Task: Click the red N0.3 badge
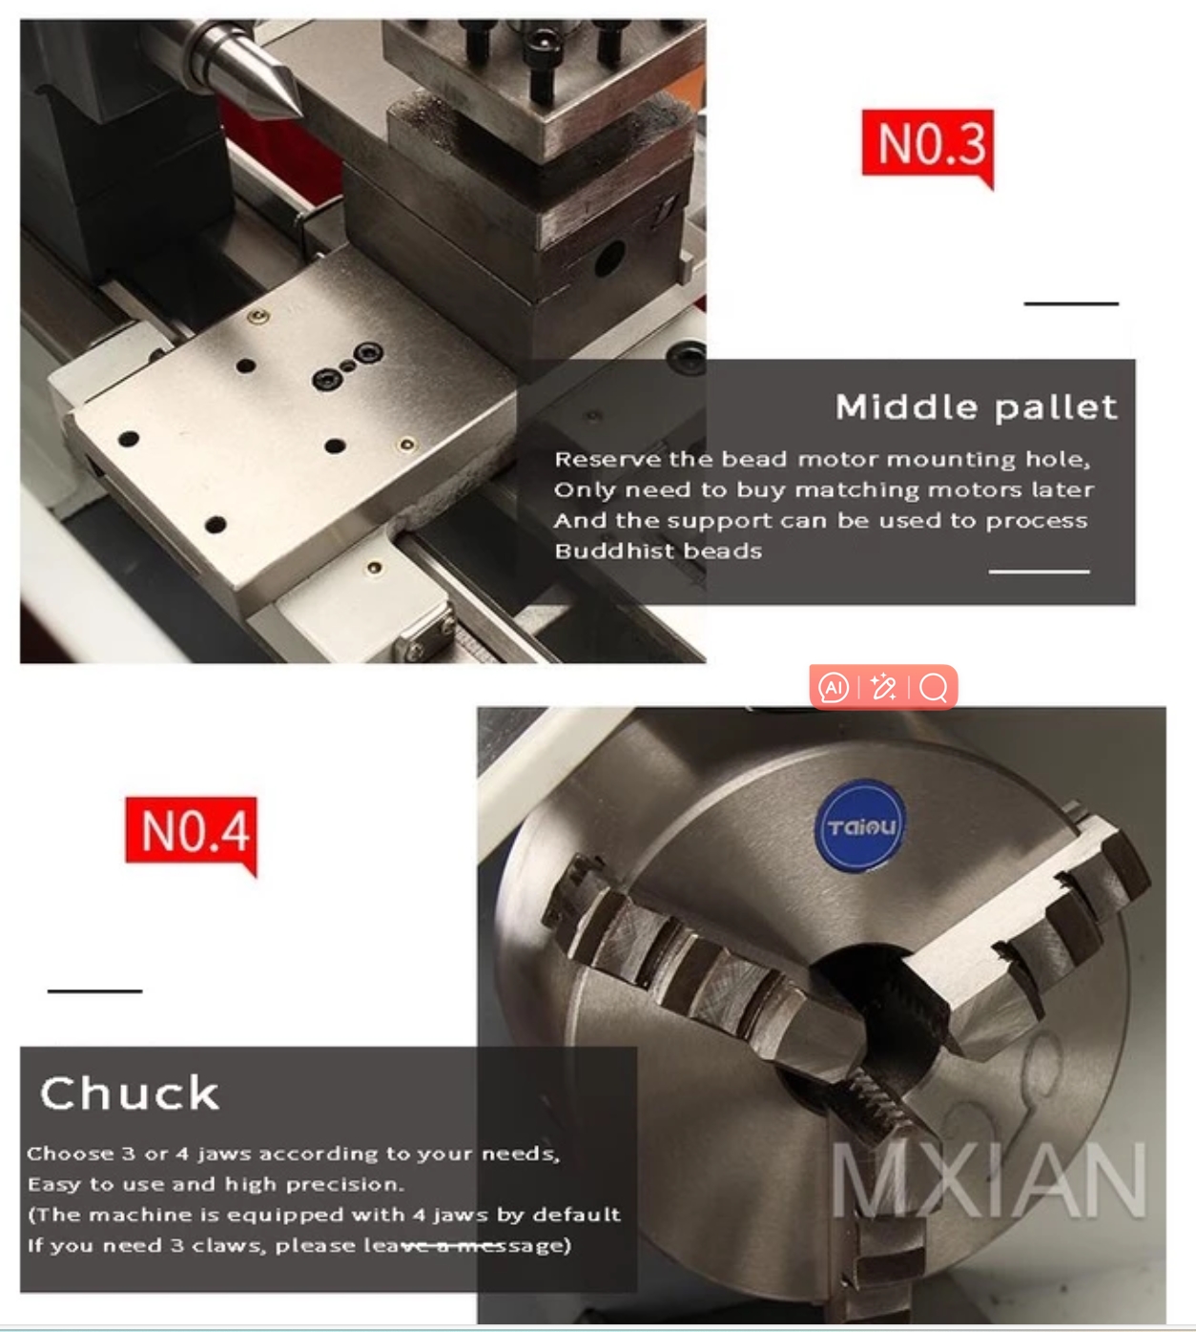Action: pos(927,144)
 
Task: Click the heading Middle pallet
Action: pos(976,407)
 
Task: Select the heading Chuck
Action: pos(130,1093)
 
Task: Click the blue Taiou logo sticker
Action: pos(861,826)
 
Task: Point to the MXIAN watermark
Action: pos(988,1181)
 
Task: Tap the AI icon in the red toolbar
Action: pos(834,687)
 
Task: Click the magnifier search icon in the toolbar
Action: pos(934,687)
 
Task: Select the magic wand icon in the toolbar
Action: pos(883,687)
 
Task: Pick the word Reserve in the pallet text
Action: pos(608,460)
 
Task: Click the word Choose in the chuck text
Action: pos(70,1154)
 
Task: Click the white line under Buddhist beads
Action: pos(1039,572)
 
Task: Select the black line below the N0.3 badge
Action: pos(1070,303)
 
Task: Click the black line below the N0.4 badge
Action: pos(94,991)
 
